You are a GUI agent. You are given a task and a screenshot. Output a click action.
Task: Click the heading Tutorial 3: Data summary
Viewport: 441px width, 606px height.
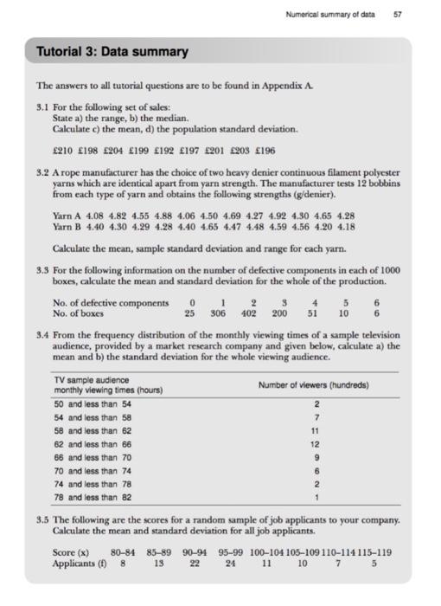click(112, 52)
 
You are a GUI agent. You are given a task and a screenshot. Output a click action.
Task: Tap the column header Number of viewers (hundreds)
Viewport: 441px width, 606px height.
click(313, 384)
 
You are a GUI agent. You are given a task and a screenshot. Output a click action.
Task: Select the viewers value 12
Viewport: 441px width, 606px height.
click(316, 444)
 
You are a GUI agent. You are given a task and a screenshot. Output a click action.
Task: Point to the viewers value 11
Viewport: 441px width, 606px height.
click(316, 430)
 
